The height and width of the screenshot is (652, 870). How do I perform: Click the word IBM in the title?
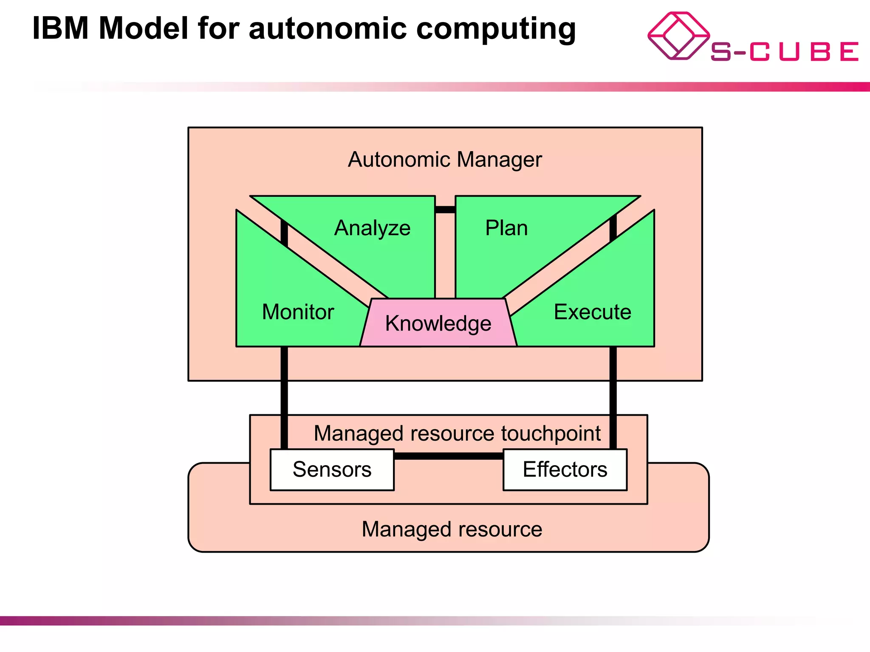60,29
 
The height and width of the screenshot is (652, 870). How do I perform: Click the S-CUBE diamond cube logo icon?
678,36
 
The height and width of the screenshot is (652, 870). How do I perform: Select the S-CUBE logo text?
784,52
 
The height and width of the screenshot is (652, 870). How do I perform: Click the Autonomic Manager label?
445,160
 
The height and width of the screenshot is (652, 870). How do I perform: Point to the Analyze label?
372,228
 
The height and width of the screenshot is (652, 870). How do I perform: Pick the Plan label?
506,228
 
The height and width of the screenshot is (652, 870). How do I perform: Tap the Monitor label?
298,312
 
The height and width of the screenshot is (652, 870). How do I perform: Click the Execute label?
592,312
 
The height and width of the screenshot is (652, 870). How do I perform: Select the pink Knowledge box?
438,323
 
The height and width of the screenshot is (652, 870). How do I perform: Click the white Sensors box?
332,469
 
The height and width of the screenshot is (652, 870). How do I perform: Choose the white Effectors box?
565,469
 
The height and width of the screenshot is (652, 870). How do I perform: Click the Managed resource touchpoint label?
457,433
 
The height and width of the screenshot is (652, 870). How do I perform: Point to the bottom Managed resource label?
452,529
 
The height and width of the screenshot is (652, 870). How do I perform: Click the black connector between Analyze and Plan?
445,210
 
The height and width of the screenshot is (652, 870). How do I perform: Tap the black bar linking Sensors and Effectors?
449,456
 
